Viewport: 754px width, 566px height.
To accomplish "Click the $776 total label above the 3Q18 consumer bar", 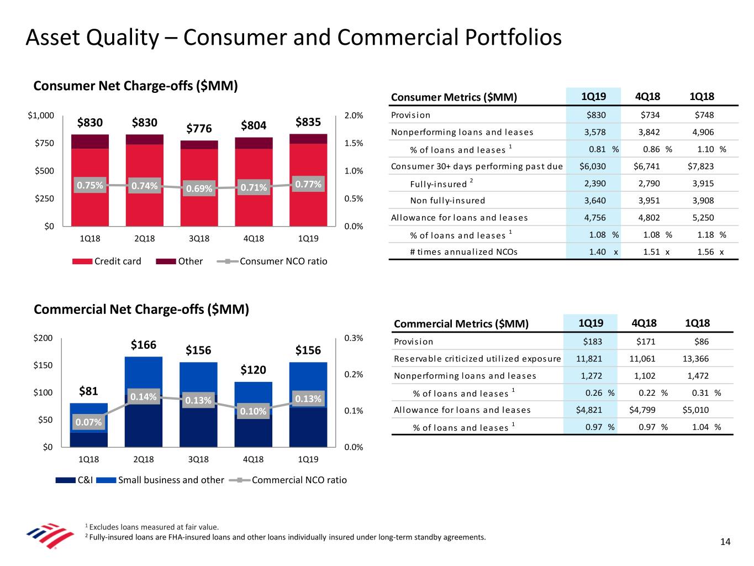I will pyautogui.click(x=199, y=129).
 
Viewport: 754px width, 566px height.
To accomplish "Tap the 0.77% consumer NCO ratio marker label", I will pyautogui.click(x=308, y=184).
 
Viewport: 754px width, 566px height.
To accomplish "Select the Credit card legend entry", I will pyautogui.click(x=107, y=261).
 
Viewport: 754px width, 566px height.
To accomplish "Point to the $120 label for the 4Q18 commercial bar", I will pyautogui.click(x=253, y=370).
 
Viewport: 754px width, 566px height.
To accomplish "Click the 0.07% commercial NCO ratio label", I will pyautogui.click(x=88, y=422).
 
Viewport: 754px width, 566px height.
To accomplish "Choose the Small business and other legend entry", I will pyautogui.click(x=160, y=480).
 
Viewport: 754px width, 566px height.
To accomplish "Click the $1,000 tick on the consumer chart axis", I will pyautogui.click(x=41, y=116).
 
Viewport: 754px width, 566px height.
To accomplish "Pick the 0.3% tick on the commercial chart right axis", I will pyautogui.click(x=354, y=338).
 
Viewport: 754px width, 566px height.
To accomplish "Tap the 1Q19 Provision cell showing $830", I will pyautogui.click(x=596, y=115).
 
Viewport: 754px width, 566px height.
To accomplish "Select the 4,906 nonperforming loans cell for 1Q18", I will pyautogui.click(x=703, y=132).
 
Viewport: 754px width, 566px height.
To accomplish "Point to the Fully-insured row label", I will pyautogui.click(x=439, y=184).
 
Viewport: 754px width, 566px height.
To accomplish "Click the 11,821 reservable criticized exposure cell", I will pyautogui.click(x=589, y=359).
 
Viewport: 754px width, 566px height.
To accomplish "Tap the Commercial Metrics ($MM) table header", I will pyautogui.click(x=461, y=324).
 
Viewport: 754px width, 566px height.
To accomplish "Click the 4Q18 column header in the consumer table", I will pyautogui.click(x=647, y=97).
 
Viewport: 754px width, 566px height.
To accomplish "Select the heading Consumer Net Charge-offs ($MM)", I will pyautogui.click(x=135, y=86).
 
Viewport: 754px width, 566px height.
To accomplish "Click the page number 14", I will pyautogui.click(x=725, y=542).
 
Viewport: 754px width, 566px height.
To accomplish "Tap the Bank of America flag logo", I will pyautogui.click(x=50, y=535).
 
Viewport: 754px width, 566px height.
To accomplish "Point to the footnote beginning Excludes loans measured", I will pyautogui.click(x=154, y=527).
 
